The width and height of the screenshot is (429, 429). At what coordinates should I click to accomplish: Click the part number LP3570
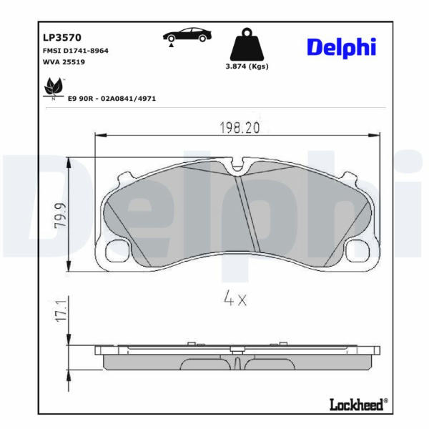point(62,37)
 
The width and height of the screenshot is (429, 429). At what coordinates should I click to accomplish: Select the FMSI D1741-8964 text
point(76,51)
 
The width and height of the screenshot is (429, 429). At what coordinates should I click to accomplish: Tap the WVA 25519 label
point(64,61)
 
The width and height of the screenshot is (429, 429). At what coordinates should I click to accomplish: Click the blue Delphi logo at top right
point(342,48)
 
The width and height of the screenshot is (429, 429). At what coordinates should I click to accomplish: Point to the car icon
point(187,35)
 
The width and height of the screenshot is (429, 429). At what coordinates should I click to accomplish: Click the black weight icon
point(247,44)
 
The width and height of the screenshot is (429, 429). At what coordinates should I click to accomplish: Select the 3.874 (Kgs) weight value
point(247,66)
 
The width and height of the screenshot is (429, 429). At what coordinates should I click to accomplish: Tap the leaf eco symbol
point(54,88)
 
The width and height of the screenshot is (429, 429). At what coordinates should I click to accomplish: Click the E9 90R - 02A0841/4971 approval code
point(112,99)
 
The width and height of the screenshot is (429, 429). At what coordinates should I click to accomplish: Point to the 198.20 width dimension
point(240,128)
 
